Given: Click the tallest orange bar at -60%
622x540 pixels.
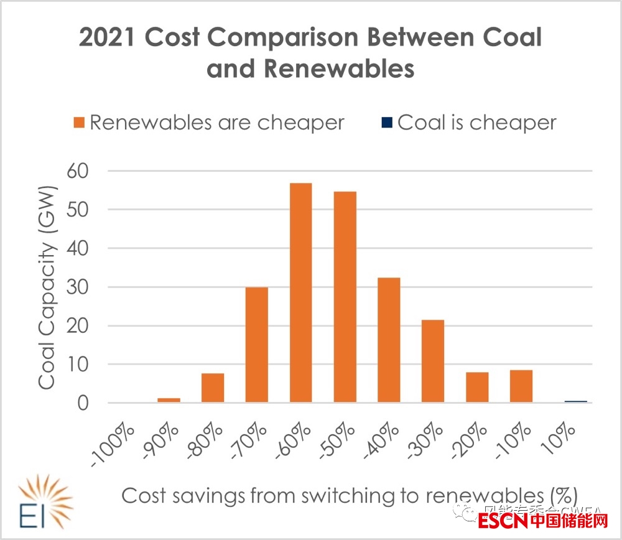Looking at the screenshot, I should (300, 292).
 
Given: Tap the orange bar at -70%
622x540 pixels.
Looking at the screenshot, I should (257, 345).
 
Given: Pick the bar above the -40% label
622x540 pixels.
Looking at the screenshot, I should (389, 340).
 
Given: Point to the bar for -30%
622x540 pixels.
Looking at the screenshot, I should (433, 361).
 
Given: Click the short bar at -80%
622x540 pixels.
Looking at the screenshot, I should (213, 388).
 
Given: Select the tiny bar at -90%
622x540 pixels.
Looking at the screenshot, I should (169, 399).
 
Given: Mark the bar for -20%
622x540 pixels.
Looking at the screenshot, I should (477, 387).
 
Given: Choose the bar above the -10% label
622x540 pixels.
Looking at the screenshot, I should (521, 386).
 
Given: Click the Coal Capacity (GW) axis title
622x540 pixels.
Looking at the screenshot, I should (48, 287).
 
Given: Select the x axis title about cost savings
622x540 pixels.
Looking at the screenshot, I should (349, 496).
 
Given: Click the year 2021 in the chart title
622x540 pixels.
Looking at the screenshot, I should (107, 39).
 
